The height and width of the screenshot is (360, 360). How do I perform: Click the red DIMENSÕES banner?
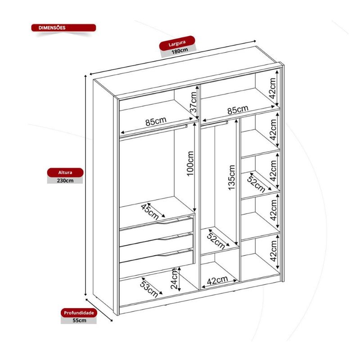[x=63, y=28]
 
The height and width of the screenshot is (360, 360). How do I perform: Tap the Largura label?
[x=177, y=43]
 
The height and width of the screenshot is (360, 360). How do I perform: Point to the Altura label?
[x=65, y=172]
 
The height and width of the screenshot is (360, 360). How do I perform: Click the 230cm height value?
[x=65, y=181]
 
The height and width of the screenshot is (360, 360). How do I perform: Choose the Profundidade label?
[x=79, y=313]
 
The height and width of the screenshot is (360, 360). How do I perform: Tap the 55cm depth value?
[x=80, y=320]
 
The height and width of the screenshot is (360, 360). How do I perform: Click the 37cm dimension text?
[x=193, y=102]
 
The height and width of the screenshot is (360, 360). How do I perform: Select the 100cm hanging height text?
[x=190, y=164]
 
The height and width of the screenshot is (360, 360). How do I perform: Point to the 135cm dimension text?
[x=231, y=177]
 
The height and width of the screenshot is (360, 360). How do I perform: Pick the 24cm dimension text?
[x=175, y=279]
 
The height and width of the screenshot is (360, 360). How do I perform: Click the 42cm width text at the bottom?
[x=217, y=280]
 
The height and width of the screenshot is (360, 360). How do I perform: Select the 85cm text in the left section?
[x=156, y=121]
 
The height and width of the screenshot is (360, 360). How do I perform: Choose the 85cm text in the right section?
[x=238, y=110]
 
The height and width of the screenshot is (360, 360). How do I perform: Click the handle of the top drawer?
[x=171, y=221]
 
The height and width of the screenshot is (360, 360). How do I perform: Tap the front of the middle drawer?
[x=156, y=247]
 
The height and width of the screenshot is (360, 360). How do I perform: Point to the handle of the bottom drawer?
[x=171, y=253]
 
